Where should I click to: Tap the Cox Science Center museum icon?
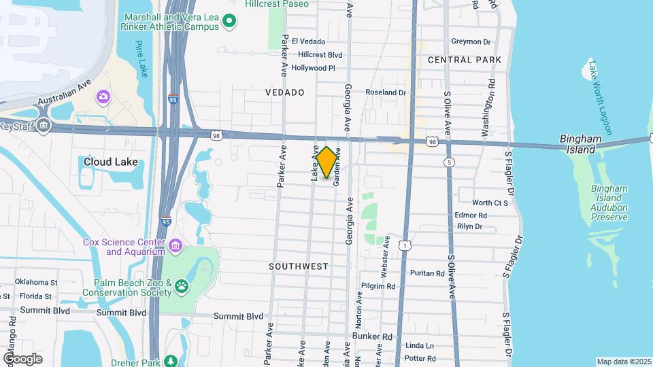(x=175, y=245)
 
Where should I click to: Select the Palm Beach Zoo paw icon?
(x=182, y=287)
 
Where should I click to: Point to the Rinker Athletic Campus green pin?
(x=230, y=21)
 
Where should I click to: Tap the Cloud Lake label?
(x=110, y=162)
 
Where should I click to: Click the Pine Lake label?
(x=140, y=60)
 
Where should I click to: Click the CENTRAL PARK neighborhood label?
(x=465, y=60)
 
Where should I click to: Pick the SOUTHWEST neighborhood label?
(x=299, y=266)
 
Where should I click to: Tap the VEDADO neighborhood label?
(x=284, y=92)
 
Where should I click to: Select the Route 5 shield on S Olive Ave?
(x=448, y=162)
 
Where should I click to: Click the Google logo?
(x=22, y=358)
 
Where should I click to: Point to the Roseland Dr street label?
(x=386, y=92)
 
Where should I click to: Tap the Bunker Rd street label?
(x=373, y=336)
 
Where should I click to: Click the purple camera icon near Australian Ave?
(x=103, y=97)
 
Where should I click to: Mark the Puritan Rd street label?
(x=427, y=273)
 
